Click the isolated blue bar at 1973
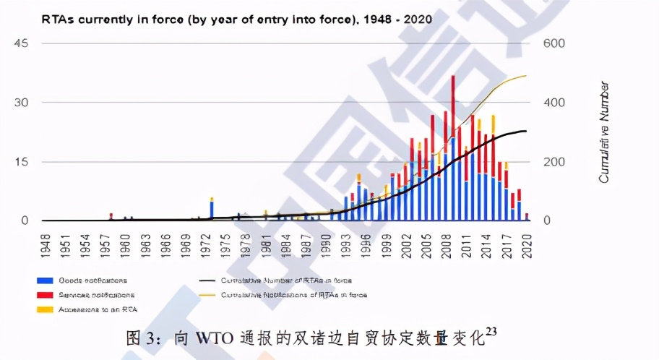click(212, 210)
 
